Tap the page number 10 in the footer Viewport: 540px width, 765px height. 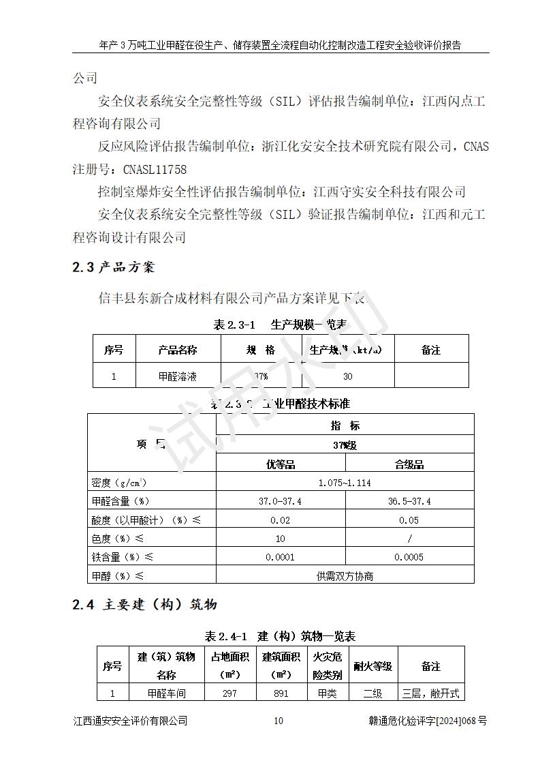[x=278, y=721]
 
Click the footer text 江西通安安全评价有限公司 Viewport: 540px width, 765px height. [x=130, y=721]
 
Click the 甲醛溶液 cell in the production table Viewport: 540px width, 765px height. [x=178, y=376]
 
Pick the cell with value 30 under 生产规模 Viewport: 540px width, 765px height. [x=348, y=376]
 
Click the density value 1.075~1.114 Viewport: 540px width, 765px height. [x=345, y=483]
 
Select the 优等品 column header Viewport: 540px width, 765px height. [x=280, y=464]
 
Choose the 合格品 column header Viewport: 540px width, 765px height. [x=409, y=464]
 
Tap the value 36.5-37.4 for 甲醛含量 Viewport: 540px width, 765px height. [x=409, y=501]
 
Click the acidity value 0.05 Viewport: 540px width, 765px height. [x=409, y=520]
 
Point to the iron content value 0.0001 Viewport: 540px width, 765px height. [x=280, y=557]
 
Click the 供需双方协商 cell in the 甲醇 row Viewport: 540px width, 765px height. [x=345, y=575]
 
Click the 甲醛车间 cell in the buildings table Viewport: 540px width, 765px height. [x=167, y=693]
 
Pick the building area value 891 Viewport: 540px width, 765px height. [x=281, y=693]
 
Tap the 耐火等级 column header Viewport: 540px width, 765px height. [x=372, y=666]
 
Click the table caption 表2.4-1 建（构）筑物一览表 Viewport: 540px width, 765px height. [x=280, y=636]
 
